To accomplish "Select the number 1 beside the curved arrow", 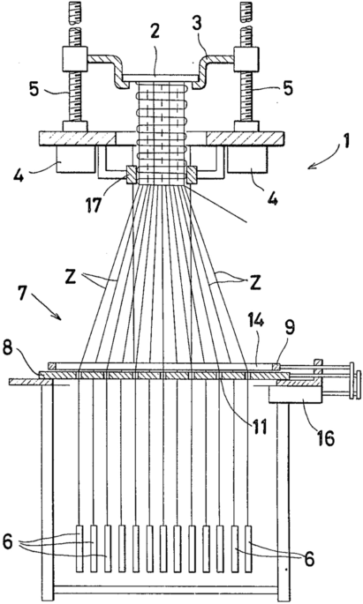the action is coord(346,141).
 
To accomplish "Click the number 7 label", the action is coord(23,294).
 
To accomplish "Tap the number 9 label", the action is coord(290,328).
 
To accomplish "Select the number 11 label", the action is coord(259,428).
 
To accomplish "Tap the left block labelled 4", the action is coord(76,159).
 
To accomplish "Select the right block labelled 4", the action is coord(247,159).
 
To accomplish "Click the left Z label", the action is coord(71,279).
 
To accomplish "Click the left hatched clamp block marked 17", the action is coord(131,175).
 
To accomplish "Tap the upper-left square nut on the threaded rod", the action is coord(74,59).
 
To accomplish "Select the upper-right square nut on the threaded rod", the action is coord(246,59).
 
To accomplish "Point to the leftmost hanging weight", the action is coord(79,548).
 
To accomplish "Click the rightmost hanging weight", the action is coord(248,548).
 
